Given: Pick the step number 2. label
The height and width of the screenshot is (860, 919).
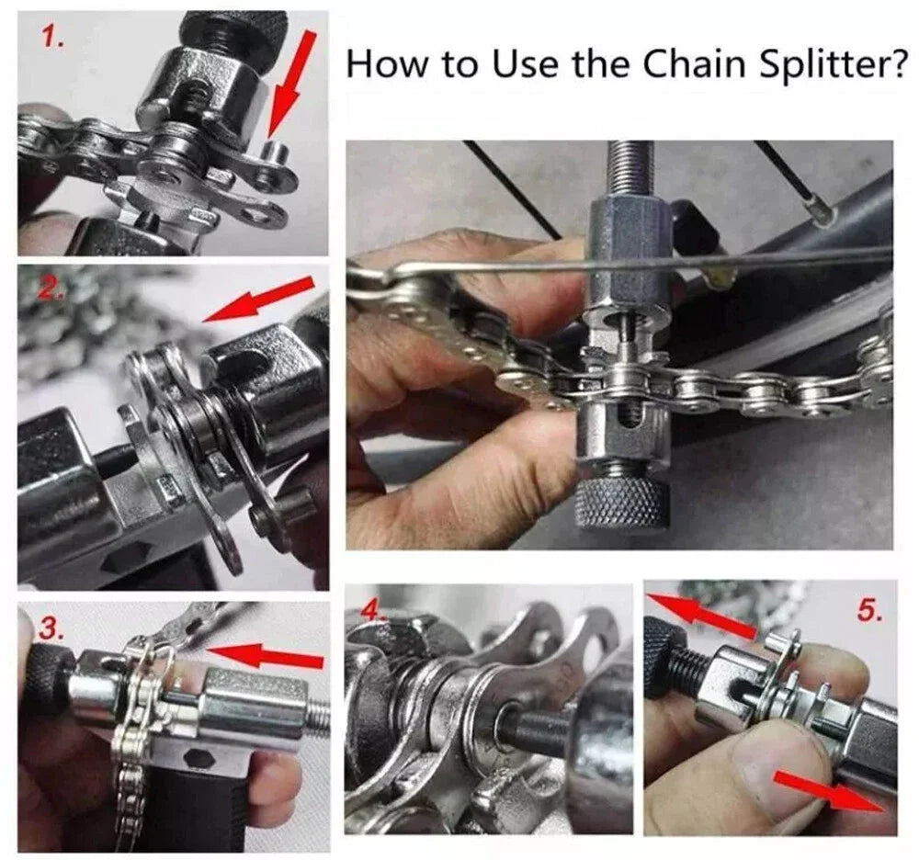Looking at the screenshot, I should (x=52, y=292).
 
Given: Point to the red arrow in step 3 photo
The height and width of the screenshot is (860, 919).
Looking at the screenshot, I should (x=267, y=656).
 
